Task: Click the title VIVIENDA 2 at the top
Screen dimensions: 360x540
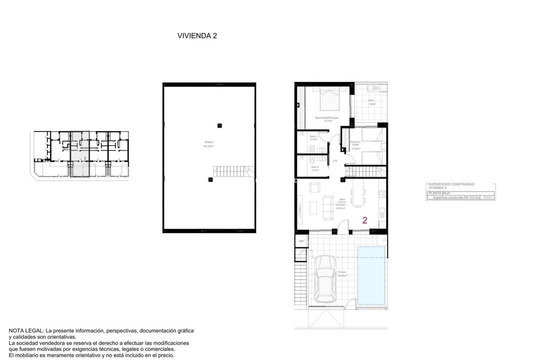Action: coord(197,35)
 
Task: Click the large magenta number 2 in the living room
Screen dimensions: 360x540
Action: coord(365,220)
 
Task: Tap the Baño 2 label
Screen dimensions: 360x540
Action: coord(315,167)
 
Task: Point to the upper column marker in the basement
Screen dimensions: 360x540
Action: coord(219,125)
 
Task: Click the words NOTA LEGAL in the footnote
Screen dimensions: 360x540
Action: coord(26,331)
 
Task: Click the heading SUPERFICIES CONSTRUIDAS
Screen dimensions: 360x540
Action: coord(451,184)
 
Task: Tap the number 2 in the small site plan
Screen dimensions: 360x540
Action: coord(85,158)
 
